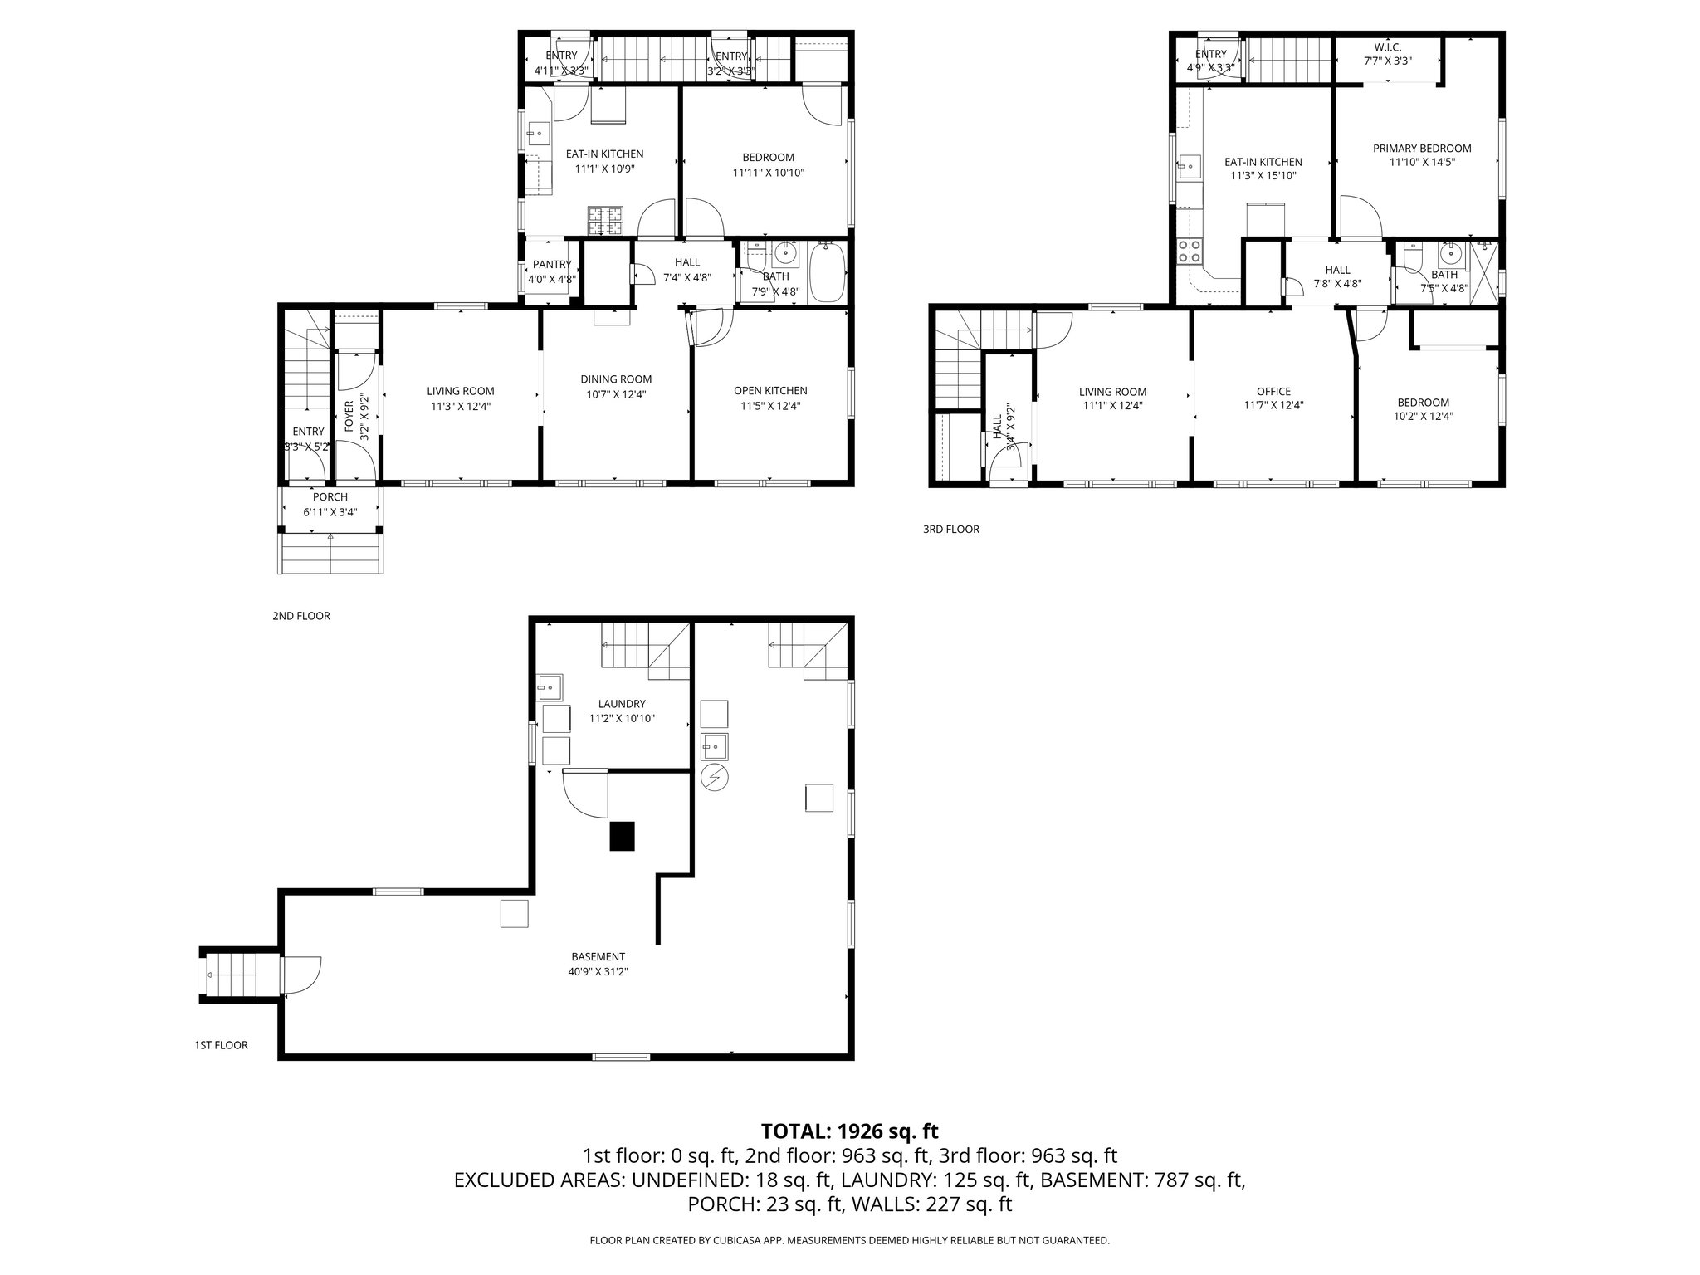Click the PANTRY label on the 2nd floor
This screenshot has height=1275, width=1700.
(552, 265)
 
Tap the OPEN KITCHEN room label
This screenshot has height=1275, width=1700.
(769, 391)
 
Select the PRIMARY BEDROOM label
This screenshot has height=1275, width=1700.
(1421, 149)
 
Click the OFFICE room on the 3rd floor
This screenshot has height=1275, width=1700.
(1273, 392)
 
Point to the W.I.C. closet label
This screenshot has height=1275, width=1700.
(1387, 47)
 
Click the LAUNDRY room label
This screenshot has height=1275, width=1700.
(622, 704)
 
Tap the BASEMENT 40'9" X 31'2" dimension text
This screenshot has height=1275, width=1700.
(598, 972)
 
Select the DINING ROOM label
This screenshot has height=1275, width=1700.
(616, 379)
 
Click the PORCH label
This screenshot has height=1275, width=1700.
(330, 497)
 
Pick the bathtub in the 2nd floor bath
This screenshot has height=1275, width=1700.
(827, 272)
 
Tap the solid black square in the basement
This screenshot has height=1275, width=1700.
(623, 836)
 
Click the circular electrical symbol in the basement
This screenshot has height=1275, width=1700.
(714, 778)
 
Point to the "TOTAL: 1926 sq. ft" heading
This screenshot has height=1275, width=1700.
(849, 1131)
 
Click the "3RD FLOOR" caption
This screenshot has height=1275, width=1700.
(950, 529)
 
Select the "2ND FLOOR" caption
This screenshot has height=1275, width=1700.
(300, 616)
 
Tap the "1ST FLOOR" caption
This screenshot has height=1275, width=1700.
(221, 1045)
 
